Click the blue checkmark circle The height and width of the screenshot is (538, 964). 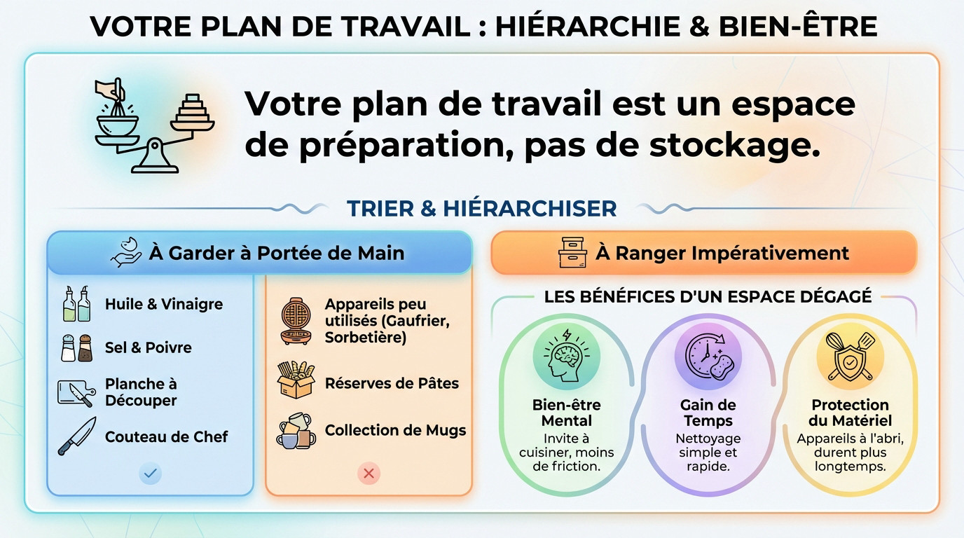click(150, 474)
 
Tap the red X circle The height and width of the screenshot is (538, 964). click(369, 474)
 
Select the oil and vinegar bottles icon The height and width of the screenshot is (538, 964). click(76, 304)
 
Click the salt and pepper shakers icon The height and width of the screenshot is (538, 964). click(76, 347)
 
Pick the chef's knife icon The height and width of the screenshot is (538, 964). click(76, 436)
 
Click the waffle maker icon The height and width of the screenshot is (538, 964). click(296, 321)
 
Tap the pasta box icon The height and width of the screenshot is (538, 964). click(296, 382)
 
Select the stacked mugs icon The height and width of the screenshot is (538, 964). click(296, 430)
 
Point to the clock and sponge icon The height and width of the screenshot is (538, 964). click(708, 356)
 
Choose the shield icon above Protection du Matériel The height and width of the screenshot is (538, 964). click(850, 356)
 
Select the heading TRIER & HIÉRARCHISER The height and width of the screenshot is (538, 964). click(482, 209)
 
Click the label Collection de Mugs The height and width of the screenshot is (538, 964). click(395, 430)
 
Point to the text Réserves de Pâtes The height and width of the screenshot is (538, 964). click(392, 383)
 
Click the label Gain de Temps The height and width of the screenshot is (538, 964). click(708, 413)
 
